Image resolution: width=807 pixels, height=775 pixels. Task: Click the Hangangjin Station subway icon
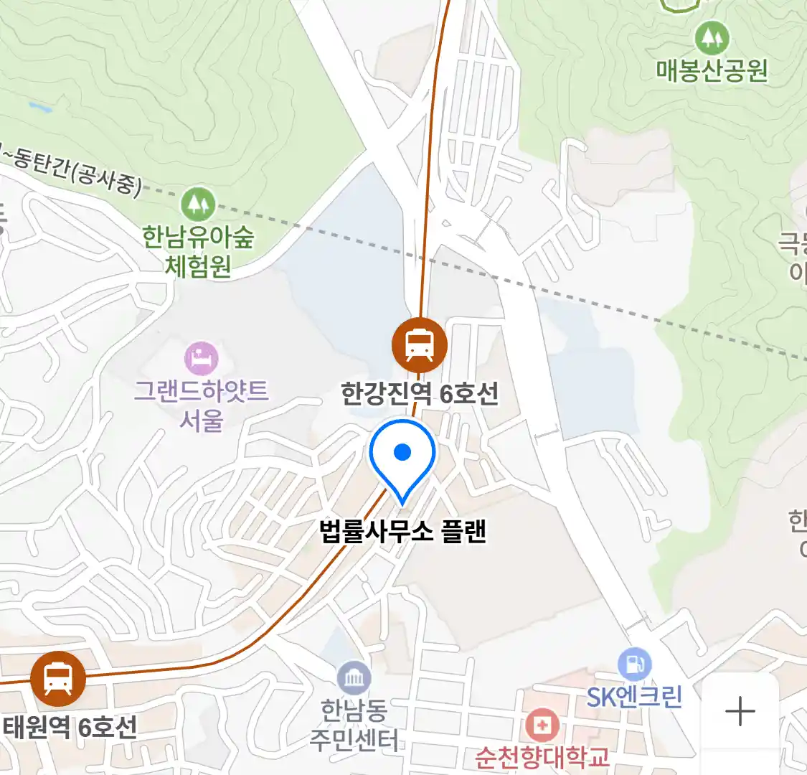420,344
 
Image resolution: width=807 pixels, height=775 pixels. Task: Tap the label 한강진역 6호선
420,393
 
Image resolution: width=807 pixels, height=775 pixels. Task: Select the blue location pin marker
402,456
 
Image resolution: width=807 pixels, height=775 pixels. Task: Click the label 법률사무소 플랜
403,531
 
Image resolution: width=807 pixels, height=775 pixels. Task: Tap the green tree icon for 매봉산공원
712,37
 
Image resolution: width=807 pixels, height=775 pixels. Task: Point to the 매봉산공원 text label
712,70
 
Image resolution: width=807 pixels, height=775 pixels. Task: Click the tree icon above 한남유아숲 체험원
199,204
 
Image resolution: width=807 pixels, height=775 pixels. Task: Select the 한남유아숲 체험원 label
198,251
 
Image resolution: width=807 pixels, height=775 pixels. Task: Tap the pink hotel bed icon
201,357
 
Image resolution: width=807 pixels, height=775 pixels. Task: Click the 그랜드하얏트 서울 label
201,405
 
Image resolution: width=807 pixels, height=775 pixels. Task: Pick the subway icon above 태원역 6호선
58,679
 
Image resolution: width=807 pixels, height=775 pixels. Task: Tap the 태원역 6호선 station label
70,728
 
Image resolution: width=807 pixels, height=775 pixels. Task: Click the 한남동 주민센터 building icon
354,678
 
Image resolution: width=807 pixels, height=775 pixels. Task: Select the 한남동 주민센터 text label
354,725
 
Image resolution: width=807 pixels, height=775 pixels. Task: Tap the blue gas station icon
634,664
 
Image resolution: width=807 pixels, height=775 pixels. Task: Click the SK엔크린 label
634,697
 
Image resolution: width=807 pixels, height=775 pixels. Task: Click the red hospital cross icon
542,725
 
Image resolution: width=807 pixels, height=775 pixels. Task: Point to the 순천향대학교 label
542,757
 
